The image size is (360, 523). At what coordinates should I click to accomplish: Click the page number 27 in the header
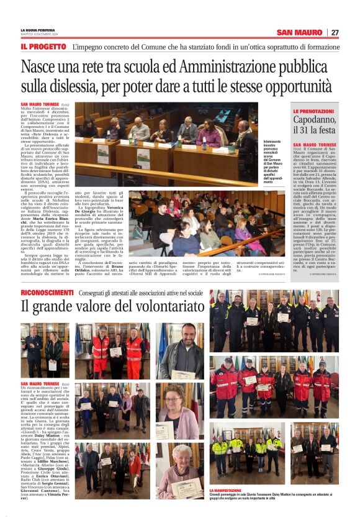click(x=335, y=32)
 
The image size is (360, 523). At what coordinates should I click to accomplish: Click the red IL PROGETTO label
click(x=43, y=47)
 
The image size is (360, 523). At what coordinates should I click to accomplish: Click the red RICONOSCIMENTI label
click(x=47, y=292)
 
